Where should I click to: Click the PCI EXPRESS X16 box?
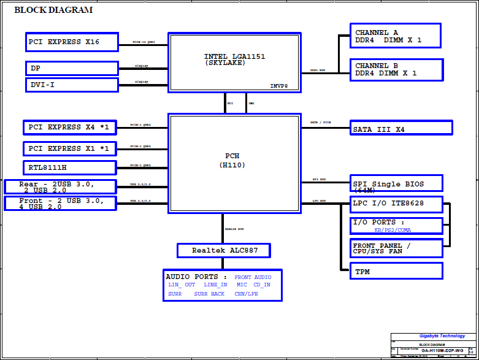[x=71, y=42]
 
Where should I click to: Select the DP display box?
[x=72, y=68]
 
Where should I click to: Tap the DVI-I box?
[x=72, y=85]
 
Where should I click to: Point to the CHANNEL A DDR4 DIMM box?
[x=395, y=36]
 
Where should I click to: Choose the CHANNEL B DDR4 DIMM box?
[x=396, y=69]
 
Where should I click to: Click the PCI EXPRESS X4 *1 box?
[x=69, y=128]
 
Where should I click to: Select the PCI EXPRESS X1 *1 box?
[x=69, y=149]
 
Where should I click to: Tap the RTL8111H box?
[x=69, y=167]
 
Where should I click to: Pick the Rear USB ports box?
[x=59, y=187]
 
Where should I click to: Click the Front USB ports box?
[x=59, y=204]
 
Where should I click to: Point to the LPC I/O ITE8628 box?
[x=396, y=203]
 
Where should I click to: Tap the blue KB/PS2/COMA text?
[x=393, y=230]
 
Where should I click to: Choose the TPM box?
[x=396, y=271]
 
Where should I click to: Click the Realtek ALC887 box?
[x=223, y=250]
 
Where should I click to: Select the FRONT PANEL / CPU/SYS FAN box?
[x=396, y=248]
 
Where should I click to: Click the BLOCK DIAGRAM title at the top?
[x=53, y=10]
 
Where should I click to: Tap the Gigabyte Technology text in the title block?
[x=442, y=336]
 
